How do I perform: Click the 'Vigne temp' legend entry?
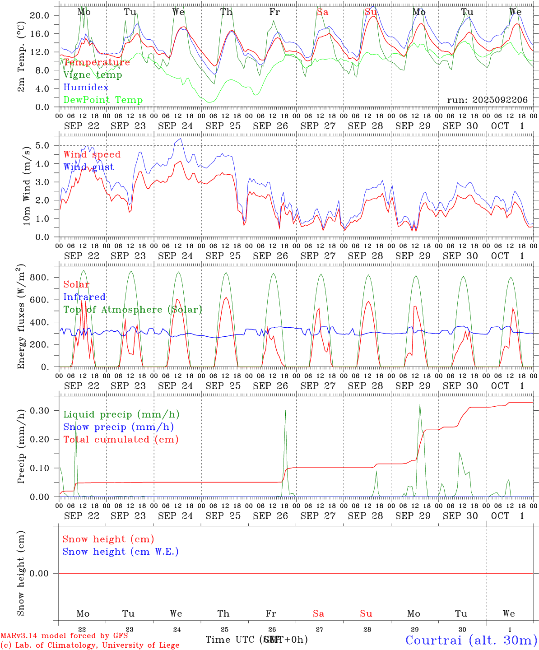[x=93, y=75]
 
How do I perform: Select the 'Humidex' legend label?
[x=86, y=87]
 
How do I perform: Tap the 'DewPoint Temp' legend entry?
[x=103, y=100]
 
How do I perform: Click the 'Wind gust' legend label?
[x=88, y=167]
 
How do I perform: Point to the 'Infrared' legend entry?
[x=84, y=297]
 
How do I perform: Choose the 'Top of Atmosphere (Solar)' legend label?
[x=132, y=310]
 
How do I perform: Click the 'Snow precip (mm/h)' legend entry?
[x=118, y=427]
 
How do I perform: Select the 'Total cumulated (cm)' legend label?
[x=121, y=440]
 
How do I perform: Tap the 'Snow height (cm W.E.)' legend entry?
[x=120, y=552]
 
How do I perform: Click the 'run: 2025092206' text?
[x=487, y=100]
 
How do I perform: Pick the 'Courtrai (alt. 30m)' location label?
[x=471, y=640]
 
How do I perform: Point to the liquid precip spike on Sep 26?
[x=285, y=411]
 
